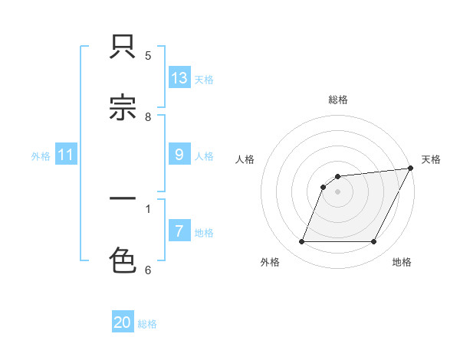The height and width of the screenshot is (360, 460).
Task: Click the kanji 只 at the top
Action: [123, 48]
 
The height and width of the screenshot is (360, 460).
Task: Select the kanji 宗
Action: [123, 109]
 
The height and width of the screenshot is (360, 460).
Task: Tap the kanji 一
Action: [123, 200]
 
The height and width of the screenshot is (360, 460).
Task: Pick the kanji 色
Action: [123, 260]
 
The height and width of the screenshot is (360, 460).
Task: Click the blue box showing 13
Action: [179, 78]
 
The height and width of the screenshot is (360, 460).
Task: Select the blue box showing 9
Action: [179, 155]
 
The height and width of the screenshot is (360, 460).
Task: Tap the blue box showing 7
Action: [179, 231]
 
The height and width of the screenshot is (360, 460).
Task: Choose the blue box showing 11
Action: [66, 155]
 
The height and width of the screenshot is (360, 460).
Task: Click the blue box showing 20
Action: [123, 322]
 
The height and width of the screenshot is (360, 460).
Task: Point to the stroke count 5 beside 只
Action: [148, 55]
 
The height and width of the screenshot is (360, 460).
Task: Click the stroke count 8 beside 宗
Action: [148, 116]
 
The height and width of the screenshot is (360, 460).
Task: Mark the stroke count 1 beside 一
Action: [148, 208]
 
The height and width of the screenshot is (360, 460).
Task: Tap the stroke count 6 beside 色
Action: [148, 269]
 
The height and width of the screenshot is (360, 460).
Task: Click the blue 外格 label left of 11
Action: [41, 156]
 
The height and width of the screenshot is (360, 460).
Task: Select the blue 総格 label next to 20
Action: [147, 324]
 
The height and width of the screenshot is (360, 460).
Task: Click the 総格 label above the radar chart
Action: [338, 100]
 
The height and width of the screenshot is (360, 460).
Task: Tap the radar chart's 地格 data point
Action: [374, 242]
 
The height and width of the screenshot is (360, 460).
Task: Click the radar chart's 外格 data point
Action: [301, 242]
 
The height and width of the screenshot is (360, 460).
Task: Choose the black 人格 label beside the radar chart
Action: [245, 159]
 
